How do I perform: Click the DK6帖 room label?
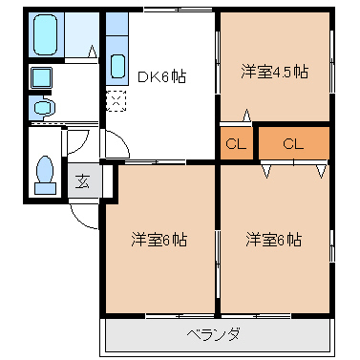point(159,78)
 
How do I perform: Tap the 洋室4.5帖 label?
point(274,72)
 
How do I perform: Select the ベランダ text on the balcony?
point(213,334)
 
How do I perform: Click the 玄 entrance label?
point(83,180)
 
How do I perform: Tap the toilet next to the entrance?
point(44,174)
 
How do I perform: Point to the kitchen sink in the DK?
point(117,66)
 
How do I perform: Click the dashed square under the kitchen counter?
point(116,99)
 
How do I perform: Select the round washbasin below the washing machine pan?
point(41,109)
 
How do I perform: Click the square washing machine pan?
point(41,79)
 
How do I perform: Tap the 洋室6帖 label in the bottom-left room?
point(159,239)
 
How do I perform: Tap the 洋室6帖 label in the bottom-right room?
point(273,239)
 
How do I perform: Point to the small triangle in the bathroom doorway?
point(94,53)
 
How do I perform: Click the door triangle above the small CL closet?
point(247,117)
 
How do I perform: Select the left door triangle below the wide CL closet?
point(267,170)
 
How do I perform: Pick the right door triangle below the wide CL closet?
point(320,170)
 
